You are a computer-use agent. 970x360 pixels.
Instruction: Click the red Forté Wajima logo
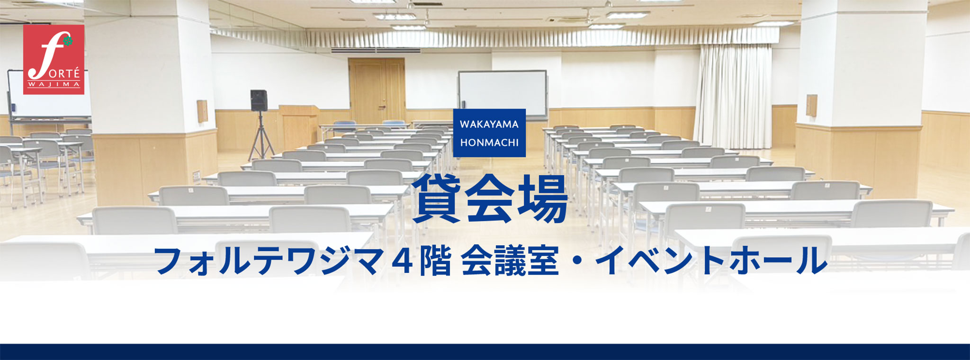(x=54, y=60)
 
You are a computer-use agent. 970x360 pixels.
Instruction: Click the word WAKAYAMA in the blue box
(x=489, y=124)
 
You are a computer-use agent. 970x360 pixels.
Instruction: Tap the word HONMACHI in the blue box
(x=489, y=143)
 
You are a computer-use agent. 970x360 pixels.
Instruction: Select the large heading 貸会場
(x=490, y=199)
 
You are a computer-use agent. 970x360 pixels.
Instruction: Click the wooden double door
(x=377, y=90)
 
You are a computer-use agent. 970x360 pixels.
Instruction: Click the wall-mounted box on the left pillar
(x=202, y=111)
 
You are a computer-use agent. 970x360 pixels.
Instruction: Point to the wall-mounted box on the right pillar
(x=811, y=105)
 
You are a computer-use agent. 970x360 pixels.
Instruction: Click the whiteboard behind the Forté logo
(x=50, y=94)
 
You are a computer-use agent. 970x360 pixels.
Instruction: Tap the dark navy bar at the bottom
(x=485, y=352)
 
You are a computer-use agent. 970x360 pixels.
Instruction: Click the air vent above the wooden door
(x=375, y=50)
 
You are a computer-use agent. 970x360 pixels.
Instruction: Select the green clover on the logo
(x=68, y=41)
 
